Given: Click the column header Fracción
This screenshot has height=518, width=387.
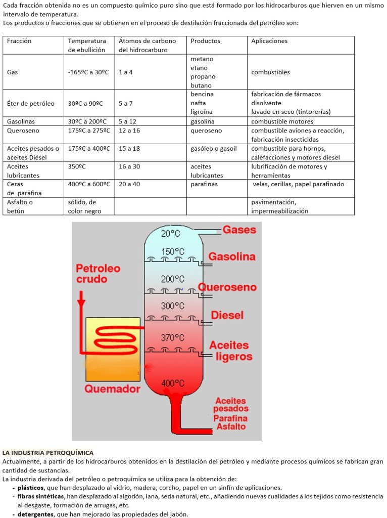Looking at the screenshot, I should coord(19,41).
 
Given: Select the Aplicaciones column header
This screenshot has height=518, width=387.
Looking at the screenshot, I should coord(269,41).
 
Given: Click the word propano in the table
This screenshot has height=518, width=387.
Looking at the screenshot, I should coord(203,77).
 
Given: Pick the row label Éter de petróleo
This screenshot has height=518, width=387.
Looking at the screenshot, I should coord(31,103).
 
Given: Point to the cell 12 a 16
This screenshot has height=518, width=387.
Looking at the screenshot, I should coord(129,131).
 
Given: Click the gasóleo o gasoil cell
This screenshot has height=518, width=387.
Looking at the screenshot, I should coord(214,149).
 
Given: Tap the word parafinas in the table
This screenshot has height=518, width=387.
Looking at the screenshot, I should coord(204,184).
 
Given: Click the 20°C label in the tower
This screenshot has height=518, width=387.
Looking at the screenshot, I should coord(171,233).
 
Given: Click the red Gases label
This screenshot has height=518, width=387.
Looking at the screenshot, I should coord(239,230).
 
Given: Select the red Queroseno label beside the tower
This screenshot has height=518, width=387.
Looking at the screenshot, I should coord(227,287).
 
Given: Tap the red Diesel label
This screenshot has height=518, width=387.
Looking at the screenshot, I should coord(227,315).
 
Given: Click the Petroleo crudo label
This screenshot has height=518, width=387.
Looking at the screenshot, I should coord(99,273).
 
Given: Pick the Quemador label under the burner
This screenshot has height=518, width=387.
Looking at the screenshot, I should coord(112,389).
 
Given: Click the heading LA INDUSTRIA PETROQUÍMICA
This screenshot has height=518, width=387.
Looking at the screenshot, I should coord(48,453).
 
